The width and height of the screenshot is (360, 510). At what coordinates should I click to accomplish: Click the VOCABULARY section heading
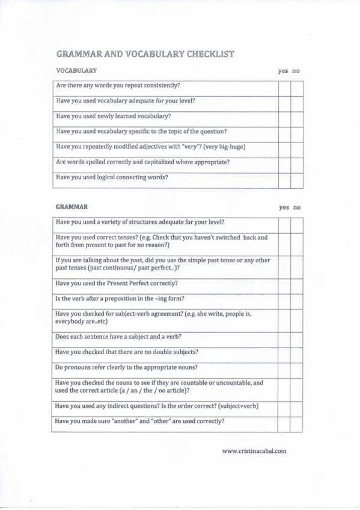pos(76,71)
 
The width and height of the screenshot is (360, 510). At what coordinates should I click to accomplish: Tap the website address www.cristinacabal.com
pos(254,450)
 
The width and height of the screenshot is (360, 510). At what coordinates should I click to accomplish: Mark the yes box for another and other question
pos(284,423)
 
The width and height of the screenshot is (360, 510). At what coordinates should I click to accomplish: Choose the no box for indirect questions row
pos(296,408)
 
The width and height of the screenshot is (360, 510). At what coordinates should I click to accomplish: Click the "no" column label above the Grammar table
pos(297,207)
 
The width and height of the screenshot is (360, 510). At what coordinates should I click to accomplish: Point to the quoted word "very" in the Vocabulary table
pos(193,146)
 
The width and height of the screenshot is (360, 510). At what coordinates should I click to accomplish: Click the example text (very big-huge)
pos(225,146)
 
